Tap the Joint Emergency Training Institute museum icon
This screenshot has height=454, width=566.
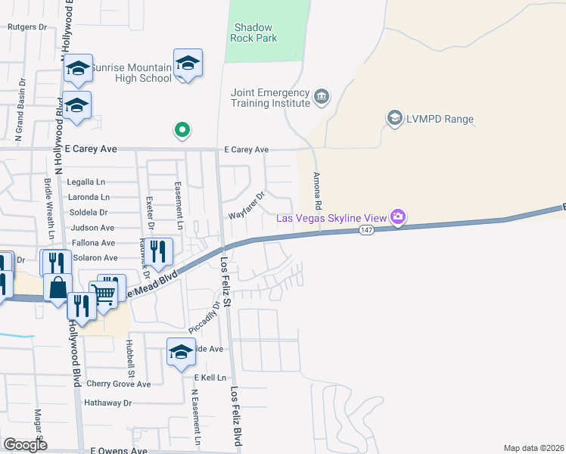(x=322, y=97)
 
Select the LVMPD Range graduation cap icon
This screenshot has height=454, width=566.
(x=394, y=119)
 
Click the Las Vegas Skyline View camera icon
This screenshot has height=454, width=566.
(x=398, y=218)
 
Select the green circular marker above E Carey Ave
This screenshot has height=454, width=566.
(x=182, y=131)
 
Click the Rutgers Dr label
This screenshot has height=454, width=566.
(x=27, y=26)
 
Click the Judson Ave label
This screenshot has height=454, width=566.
(x=92, y=228)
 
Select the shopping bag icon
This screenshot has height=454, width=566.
(x=58, y=288)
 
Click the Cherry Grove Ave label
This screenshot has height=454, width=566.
(x=119, y=384)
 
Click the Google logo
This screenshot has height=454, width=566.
(x=25, y=444)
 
